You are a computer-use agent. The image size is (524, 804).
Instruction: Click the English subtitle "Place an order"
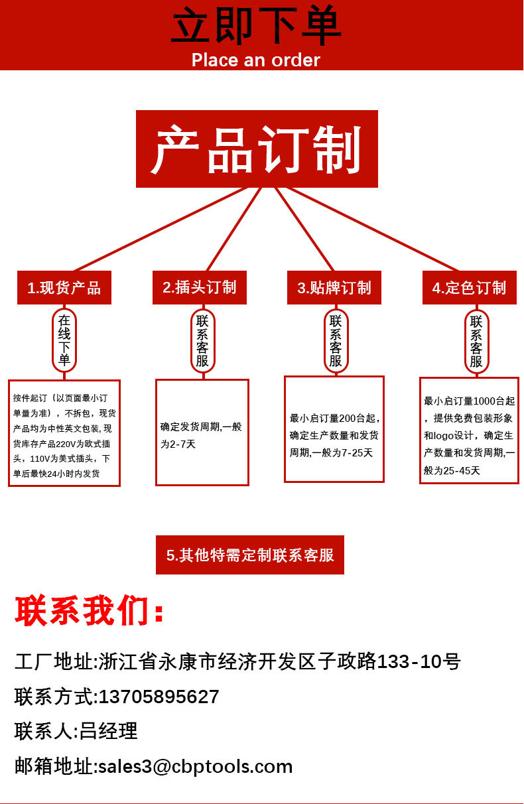pos(256,60)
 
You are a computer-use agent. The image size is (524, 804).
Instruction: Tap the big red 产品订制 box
pos(257,149)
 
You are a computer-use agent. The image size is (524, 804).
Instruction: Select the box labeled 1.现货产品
pos(64,288)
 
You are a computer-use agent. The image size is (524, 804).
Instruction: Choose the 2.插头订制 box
pos(200,287)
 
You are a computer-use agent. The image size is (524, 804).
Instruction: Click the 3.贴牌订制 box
pos(334,288)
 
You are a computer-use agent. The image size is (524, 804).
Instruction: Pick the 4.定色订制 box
pos(470,288)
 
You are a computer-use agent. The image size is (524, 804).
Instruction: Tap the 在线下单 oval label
pos(64,340)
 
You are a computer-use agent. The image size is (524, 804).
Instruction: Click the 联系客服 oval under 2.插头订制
pos(202,340)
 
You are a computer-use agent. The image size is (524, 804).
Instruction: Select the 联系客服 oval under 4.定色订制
pos(476,341)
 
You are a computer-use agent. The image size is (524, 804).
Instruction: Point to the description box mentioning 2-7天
pos(202,433)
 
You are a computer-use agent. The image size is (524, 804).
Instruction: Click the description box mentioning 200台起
pos(334,429)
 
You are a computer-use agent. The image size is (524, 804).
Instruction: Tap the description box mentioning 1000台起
pos(469,431)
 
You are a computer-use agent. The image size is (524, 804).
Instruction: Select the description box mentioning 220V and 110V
pos(64,433)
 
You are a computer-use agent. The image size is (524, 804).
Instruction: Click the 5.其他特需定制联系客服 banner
pos(250,555)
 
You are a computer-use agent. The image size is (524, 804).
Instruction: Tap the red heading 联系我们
pos(90,611)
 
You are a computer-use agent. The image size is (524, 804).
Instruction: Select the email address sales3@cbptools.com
pos(195,766)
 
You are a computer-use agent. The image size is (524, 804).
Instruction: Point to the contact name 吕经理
pos(109,731)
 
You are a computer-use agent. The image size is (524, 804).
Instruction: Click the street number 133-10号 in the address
pos(419,661)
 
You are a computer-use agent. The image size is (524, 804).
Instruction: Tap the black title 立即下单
pos(256,27)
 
